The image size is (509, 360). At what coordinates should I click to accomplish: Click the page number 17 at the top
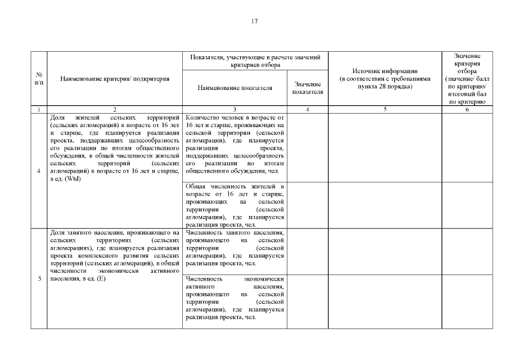pyautogui.click(x=254, y=21)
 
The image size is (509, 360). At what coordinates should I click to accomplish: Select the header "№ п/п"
pyautogui.click(x=39, y=79)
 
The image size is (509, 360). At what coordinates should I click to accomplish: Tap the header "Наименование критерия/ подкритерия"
pyautogui.click(x=115, y=79)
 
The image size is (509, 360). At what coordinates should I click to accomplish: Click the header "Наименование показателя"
pyautogui.click(x=235, y=88)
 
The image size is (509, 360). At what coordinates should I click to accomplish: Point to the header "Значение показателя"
pyautogui.click(x=308, y=88)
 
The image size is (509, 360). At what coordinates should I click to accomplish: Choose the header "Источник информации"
pyautogui.click(x=385, y=71)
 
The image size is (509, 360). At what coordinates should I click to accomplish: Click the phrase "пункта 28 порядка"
pyautogui.click(x=385, y=87)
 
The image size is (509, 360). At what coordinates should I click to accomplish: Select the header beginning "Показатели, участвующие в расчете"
pyautogui.click(x=255, y=61)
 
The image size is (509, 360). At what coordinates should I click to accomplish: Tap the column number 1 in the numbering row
pyautogui.click(x=39, y=110)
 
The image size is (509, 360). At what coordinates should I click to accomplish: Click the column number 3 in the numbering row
pyautogui.click(x=235, y=110)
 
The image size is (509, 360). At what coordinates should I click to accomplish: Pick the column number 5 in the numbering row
pyautogui.click(x=385, y=110)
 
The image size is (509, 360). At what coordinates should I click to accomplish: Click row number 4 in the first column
pyautogui.click(x=39, y=171)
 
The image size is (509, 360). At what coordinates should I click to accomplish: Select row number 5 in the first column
pyautogui.click(x=39, y=278)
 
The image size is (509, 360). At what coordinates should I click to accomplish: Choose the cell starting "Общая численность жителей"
pyautogui.click(x=235, y=205)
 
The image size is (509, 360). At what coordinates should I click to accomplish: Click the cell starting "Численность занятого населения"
pyautogui.click(x=235, y=247)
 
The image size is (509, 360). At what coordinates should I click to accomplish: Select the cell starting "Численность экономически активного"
pyautogui.click(x=235, y=298)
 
